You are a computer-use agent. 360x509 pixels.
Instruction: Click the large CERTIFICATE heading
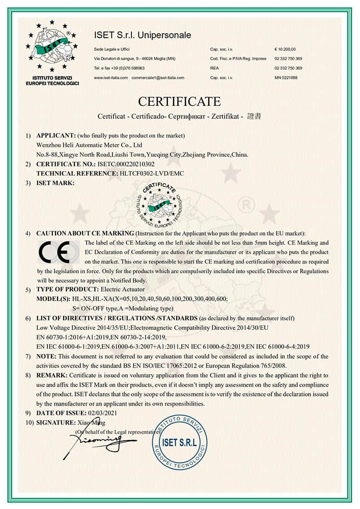pos(179,101)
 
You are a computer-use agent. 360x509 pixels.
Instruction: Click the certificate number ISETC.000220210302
pos(125,164)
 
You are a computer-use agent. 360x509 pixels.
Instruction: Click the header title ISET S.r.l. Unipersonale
pos(143,35)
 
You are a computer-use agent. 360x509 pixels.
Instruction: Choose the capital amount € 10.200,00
pos(286,49)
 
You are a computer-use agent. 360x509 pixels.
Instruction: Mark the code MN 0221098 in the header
pos(286,78)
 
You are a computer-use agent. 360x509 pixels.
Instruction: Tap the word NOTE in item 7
pos(46,356)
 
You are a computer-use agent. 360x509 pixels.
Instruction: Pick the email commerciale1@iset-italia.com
pos(158,78)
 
